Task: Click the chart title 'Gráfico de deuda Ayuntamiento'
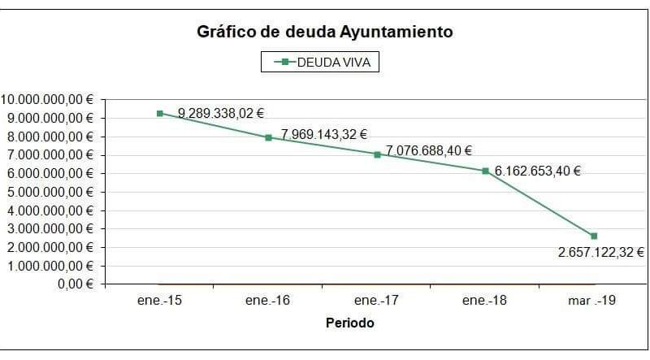[x=325, y=33]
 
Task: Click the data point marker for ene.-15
[x=160, y=114]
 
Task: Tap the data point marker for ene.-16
[x=268, y=137]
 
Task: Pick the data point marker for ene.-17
[x=377, y=154]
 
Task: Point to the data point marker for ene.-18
[x=485, y=171]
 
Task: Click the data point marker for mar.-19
[x=594, y=236]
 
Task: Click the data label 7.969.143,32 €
[x=324, y=134]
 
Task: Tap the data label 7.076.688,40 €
[x=428, y=150]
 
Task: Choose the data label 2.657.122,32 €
[x=600, y=253]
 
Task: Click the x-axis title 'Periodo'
[x=350, y=323]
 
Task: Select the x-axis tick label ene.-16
[x=268, y=301]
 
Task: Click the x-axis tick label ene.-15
[x=160, y=301]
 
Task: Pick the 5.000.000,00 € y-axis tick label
[x=49, y=192]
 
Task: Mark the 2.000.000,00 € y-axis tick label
[x=49, y=247]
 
